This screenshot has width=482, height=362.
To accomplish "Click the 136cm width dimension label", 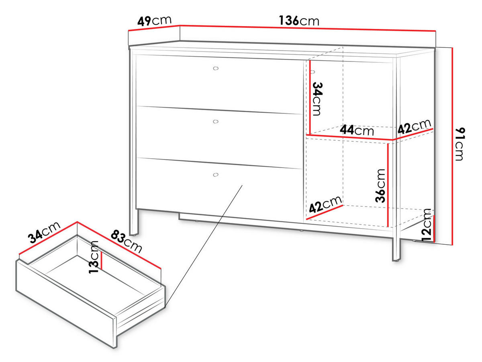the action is [x=299, y=20].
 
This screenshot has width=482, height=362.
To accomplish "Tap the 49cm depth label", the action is [x=154, y=21].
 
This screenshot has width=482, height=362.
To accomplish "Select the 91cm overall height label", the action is [x=460, y=144].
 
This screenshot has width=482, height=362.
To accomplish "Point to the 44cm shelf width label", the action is [x=357, y=130].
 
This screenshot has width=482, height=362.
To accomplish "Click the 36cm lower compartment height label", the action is [x=380, y=186].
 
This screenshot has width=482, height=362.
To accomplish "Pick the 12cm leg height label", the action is [x=426, y=225].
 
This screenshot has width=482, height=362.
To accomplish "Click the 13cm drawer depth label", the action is [x=94, y=257].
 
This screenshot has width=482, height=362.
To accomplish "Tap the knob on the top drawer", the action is [x=216, y=69].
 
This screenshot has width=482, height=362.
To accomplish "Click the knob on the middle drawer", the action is [x=216, y=122].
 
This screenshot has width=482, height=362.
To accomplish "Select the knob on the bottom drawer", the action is [x=216, y=175].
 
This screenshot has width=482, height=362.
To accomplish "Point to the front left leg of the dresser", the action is [x=133, y=222].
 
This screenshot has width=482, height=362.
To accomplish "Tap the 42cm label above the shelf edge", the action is [x=415, y=126].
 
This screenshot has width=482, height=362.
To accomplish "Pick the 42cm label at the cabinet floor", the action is [x=325, y=204].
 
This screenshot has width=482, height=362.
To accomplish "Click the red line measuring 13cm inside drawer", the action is [x=102, y=260].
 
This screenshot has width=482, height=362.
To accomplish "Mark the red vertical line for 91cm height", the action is [x=453, y=146].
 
